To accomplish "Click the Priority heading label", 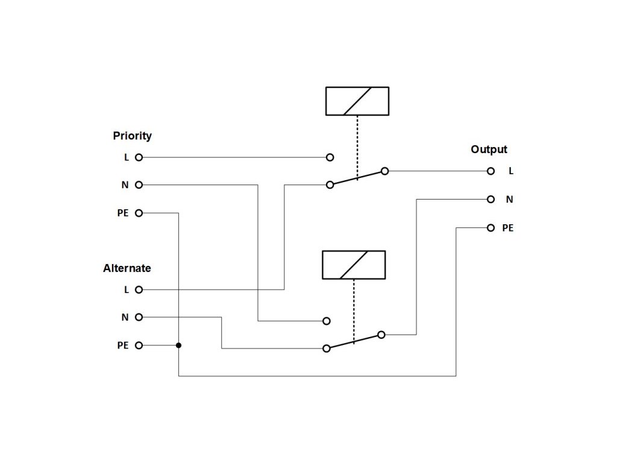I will tap(132, 136).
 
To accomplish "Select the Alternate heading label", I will tap(127, 268).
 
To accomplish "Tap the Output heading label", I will tap(489, 150).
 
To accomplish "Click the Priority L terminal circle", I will tap(139, 157).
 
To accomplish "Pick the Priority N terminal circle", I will tap(139, 185).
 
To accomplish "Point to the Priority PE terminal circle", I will tap(139, 213).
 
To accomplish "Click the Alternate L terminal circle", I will tap(139, 289).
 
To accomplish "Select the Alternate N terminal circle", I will tap(139, 317).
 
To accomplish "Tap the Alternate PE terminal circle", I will tap(139, 345).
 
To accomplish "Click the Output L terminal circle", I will tap(491, 171).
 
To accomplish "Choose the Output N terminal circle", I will tap(491, 199).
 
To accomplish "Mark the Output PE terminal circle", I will tap(491, 228).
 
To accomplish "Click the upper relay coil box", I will tap(357, 101).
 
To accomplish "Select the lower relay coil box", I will tap(354, 265).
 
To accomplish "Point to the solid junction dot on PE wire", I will tap(179, 345).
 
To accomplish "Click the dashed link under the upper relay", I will tap(357, 145).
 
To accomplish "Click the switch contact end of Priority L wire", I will tap(330, 157).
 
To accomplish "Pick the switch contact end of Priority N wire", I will tap(327, 321).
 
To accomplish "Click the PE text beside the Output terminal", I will tap(508, 228).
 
